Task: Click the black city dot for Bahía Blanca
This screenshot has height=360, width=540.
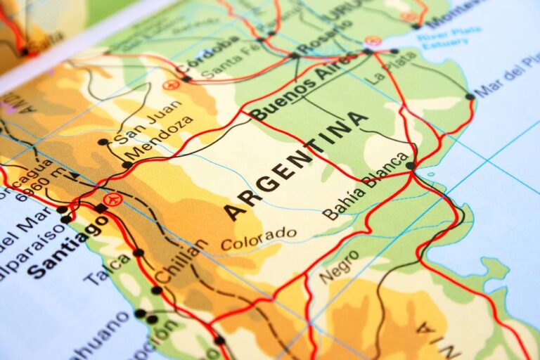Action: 411,166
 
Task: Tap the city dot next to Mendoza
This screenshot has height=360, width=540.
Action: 127,165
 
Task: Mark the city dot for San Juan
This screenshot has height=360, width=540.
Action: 103,142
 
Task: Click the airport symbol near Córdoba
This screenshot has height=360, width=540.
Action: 170,85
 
